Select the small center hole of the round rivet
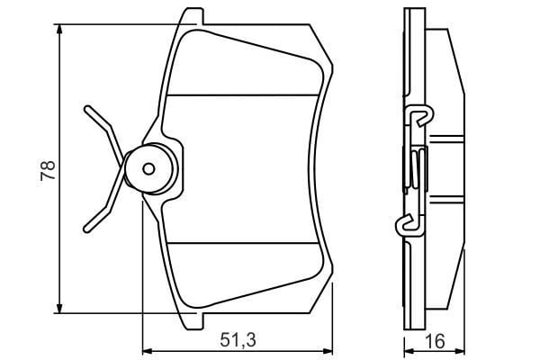pyautogui.click(x=150, y=167)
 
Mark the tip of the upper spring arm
pyautogui.click(x=86, y=108)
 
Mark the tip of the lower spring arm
pyautogui.click(x=86, y=226)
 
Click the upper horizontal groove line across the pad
pyautogui.click(x=243, y=95)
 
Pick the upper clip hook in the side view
pyautogui.click(x=417, y=116)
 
